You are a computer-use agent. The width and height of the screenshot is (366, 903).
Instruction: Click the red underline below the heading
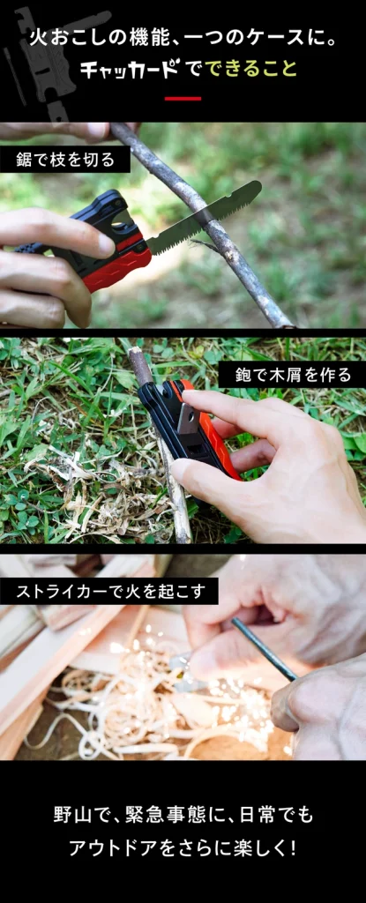coord(183,99)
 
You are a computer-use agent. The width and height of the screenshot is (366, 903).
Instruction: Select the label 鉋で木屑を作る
coord(292,375)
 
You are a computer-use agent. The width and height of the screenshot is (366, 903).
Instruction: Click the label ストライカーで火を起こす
coord(109,592)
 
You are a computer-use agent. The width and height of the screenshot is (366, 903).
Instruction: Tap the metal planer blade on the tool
coord(187,416)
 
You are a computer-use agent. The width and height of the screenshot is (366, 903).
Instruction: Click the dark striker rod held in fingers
coord(264,649)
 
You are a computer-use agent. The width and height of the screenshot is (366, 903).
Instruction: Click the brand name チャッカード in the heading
coord(129,69)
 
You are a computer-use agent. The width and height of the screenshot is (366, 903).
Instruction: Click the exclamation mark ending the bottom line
coord(292,847)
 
